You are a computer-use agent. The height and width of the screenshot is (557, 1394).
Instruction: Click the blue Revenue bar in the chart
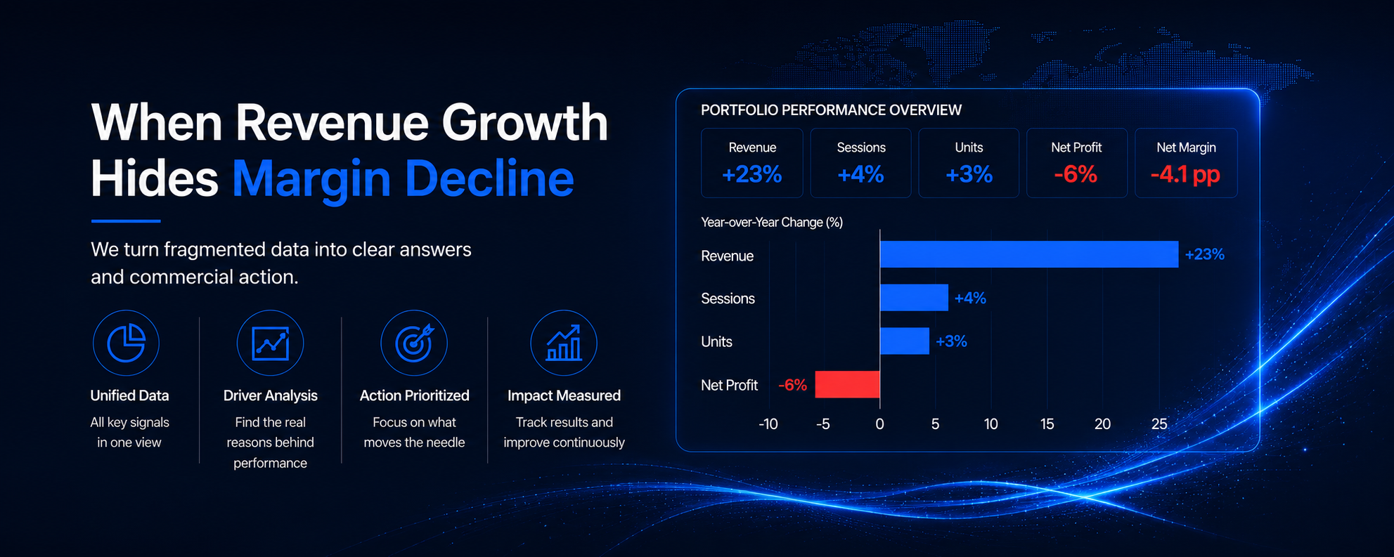[x=1029, y=254]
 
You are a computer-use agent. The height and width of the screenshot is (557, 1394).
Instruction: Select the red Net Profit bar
[x=847, y=384]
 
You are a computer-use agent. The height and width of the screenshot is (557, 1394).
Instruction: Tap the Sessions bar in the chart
[x=914, y=298]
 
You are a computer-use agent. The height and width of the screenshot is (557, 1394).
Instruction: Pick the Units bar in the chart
[x=905, y=341]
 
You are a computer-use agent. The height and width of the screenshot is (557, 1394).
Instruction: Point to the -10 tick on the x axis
[x=768, y=424]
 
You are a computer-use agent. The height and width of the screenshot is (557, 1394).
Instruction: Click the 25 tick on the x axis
[x=1159, y=424]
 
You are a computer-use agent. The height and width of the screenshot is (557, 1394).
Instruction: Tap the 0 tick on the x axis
[x=879, y=424]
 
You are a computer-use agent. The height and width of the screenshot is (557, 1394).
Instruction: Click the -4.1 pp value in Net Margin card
[x=1185, y=174]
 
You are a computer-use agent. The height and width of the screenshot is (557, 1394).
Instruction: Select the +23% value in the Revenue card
[x=751, y=174]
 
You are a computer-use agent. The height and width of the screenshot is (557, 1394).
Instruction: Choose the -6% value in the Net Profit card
[x=1076, y=174]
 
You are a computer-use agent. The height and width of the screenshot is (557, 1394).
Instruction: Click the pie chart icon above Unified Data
[x=126, y=343]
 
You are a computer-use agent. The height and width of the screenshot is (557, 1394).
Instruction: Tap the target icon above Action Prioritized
[x=414, y=343]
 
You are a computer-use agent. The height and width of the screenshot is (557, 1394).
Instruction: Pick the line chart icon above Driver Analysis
[x=271, y=343]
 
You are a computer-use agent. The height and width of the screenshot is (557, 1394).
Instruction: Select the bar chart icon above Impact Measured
[x=564, y=343]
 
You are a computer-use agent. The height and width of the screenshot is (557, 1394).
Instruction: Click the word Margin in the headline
[x=311, y=178]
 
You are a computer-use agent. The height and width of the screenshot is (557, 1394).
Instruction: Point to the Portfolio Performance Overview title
[x=831, y=110]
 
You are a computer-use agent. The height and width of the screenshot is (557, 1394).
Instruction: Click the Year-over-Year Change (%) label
[x=772, y=222]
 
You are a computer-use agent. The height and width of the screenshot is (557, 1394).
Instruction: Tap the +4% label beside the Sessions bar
[x=970, y=299]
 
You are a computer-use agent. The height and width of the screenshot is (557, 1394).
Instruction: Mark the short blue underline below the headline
[x=126, y=221]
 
